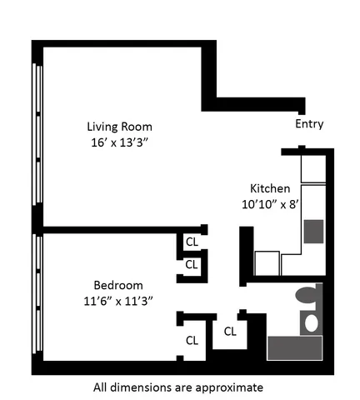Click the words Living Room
tap(120, 127)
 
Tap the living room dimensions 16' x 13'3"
tap(120, 142)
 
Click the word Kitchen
tap(270, 187)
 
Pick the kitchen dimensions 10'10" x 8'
tap(270, 202)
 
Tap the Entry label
tap(309, 124)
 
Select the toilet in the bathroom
tap(306, 296)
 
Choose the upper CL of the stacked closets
tap(191, 242)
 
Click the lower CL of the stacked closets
tap(191, 264)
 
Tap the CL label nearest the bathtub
tap(230, 330)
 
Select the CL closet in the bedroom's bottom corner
tap(192, 340)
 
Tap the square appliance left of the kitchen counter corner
tap(267, 262)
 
